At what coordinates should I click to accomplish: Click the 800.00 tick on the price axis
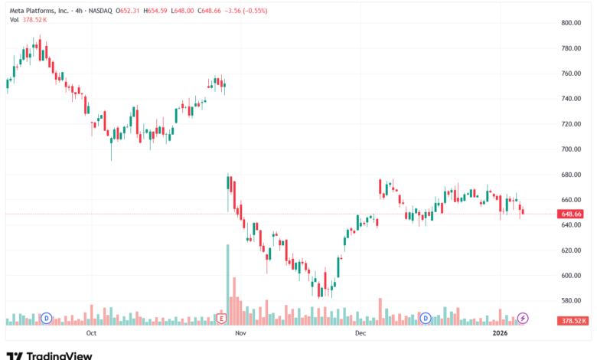[572, 23]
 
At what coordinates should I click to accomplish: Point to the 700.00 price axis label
[572, 149]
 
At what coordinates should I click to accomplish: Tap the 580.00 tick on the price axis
[572, 300]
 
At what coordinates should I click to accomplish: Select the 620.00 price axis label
[572, 250]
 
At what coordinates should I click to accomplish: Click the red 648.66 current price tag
[572, 214]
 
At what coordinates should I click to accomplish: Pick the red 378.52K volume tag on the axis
[572, 322]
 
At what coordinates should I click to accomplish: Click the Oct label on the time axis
[91, 333]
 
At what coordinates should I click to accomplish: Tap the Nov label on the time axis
[240, 333]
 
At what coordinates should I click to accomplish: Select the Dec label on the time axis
[360, 333]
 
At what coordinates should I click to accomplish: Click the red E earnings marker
[222, 318]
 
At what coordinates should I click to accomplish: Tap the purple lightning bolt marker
[524, 318]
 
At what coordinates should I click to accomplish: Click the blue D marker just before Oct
[46, 318]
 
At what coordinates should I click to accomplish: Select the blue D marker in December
[426, 318]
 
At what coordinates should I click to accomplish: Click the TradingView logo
[49, 355]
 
